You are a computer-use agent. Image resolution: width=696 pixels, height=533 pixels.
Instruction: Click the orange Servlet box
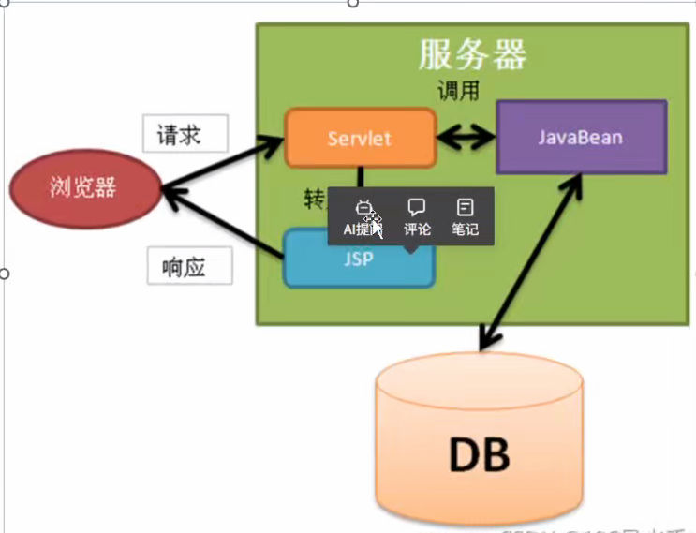point(360,139)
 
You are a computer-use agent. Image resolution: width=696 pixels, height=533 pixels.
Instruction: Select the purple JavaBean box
point(581,138)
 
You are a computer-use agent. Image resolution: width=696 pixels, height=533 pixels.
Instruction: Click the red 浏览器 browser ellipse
point(83,187)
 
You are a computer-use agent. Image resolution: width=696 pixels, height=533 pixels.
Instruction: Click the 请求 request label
point(185,134)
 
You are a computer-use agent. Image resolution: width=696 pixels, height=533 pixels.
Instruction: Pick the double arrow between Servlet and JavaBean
point(466,140)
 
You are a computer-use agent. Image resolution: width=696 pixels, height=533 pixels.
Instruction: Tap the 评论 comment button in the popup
point(417,217)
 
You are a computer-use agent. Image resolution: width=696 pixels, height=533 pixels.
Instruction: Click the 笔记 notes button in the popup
point(465,217)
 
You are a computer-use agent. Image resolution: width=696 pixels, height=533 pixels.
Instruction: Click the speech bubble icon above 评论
point(417,206)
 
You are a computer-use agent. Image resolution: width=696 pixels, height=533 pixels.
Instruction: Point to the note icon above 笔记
point(465,206)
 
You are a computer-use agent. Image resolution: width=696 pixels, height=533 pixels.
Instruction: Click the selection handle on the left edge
point(4,274)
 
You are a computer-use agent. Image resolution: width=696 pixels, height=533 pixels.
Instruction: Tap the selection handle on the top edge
point(352,3)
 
